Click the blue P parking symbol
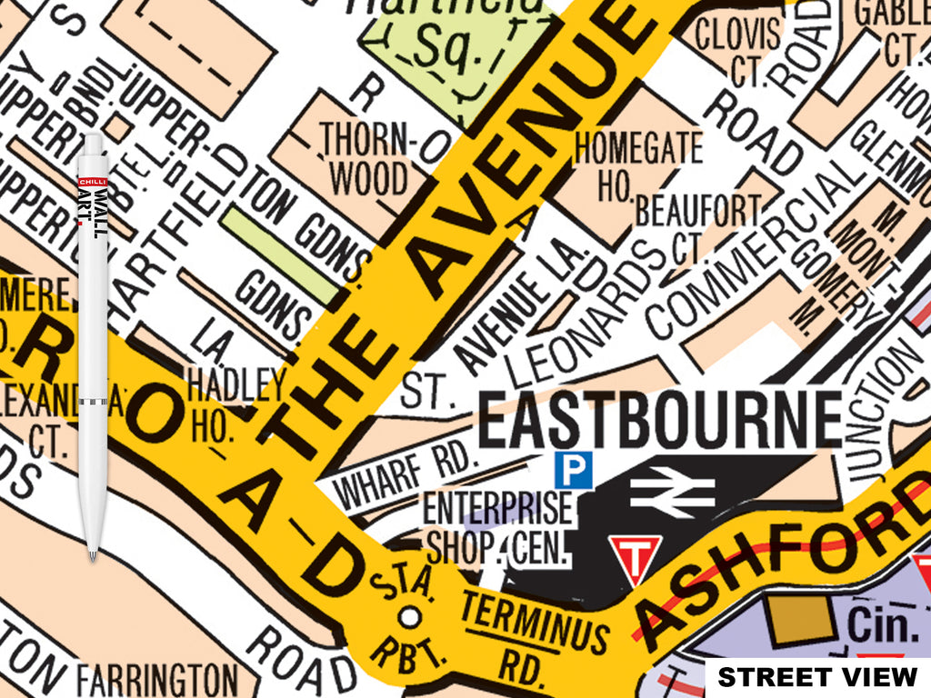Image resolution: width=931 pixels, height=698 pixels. [x=574, y=469]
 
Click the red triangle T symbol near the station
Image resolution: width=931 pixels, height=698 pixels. [x=635, y=556]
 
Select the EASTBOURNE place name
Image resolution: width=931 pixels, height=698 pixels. [x=659, y=419]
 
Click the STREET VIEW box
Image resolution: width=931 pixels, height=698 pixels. [x=817, y=677]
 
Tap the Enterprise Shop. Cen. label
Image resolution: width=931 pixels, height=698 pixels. [x=498, y=526]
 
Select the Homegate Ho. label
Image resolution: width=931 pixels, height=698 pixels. [x=638, y=165]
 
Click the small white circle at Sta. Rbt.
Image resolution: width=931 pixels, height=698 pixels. [x=410, y=617]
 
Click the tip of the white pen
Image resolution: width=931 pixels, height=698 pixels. [x=92, y=556]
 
